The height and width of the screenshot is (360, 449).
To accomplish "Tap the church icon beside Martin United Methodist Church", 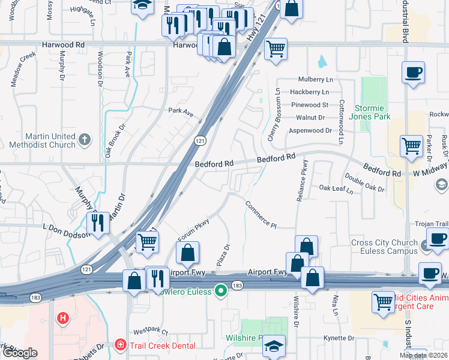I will pyautogui.click(x=85, y=140).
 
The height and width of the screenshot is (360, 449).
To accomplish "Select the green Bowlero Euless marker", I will pyautogui.click(x=221, y=292).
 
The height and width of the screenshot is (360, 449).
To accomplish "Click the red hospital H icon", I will pyautogui.click(x=61, y=318).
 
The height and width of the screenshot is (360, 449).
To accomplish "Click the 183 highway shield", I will pyautogui.click(x=237, y=286).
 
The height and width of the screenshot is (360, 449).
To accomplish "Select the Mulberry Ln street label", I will pyautogui.click(x=316, y=79).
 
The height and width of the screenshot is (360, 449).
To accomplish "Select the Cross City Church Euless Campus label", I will pyautogui.click(x=384, y=247).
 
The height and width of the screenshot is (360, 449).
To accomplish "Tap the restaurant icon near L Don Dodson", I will pyautogui.click(x=97, y=223).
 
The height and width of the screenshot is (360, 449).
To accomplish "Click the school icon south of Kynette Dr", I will pyautogui.click(x=274, y=347).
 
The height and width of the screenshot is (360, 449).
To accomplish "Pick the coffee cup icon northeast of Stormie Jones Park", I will pyautogui.click(x=413, y=73).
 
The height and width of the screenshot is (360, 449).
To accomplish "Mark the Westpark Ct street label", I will pyautogui.click(x=150, y=331).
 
